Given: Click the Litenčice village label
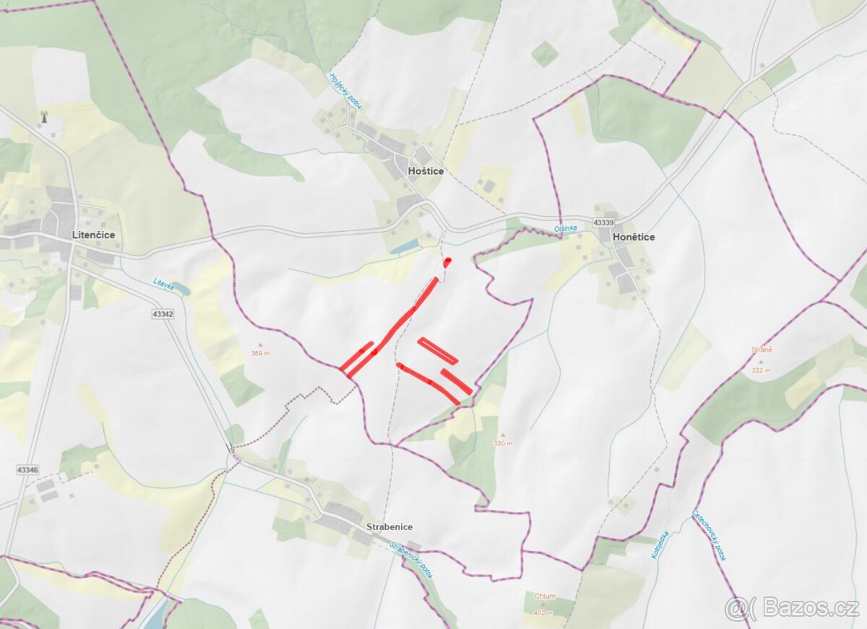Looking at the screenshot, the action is [93, 235].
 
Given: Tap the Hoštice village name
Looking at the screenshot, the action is [426, 171].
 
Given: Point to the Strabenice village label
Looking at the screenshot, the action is [389, 527].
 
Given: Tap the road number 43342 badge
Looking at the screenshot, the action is [163, 314].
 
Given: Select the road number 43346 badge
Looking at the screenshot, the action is [27, 470].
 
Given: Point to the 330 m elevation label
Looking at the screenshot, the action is [502, 443].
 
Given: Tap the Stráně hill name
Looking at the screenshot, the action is [762, 350].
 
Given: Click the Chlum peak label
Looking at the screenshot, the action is [545, 597].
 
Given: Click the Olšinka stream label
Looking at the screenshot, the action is [566, 228].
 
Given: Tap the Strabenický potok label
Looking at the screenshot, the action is [411, 560].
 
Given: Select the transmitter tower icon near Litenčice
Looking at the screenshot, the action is [43, 116].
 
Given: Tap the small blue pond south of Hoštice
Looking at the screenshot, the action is [405, 247].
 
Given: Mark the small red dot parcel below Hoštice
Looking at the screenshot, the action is [448, 261].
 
